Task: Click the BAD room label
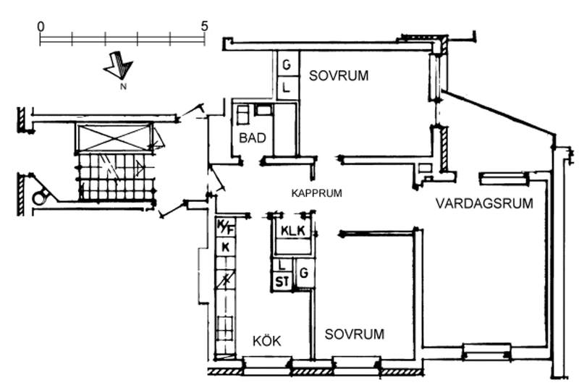252,137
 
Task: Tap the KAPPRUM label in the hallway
316,193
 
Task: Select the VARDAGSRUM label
484,203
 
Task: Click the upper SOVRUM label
339,75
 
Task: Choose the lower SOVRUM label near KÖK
354,334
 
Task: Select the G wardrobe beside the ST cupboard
305,273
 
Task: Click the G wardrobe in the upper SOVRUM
287,65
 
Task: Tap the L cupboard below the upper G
287,88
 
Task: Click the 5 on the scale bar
205,25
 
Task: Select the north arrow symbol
118,66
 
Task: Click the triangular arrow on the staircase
138,168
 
